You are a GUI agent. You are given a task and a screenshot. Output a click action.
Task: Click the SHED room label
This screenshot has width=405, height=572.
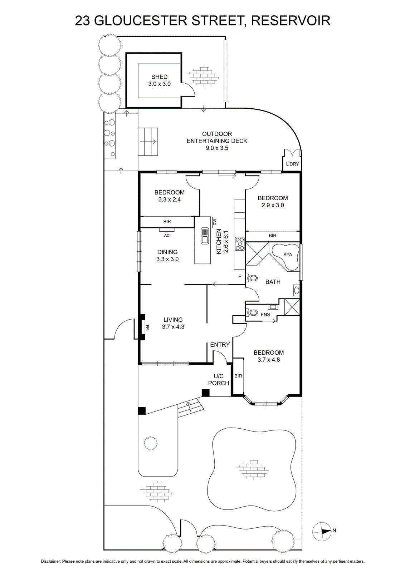click(x=159, y=77)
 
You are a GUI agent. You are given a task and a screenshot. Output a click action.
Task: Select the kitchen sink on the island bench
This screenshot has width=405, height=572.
click(x=205, y=236)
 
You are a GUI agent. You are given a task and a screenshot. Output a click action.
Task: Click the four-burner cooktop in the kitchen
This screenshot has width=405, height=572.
click(x=240, y=243)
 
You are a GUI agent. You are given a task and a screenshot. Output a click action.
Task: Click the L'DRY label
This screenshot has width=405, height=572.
click(x=292, y=164)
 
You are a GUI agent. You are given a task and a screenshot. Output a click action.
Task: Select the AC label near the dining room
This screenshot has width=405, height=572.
click(x=167, y=236)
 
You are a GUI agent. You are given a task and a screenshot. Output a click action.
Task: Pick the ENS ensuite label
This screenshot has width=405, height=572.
click(x=265, y=315)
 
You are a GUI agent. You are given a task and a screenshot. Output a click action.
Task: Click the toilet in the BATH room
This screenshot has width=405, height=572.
click(x=253, y=277)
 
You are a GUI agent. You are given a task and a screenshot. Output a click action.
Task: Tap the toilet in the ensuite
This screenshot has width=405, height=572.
click(x=252, y=312)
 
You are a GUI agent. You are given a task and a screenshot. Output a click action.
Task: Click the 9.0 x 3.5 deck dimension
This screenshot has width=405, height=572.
click(x=217, y=148)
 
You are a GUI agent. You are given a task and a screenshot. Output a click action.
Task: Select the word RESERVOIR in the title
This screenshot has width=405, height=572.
click(x=291, y=21)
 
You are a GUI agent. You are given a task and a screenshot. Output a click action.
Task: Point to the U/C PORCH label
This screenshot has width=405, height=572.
click(x=219, y=379)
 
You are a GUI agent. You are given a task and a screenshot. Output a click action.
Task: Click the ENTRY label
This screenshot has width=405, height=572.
click(x=220, y=345)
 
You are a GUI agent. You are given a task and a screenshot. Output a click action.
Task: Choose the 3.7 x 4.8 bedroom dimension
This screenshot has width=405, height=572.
click(x=269, y=360)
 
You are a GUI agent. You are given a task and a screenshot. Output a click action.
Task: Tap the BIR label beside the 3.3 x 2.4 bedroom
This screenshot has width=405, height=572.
click(x=167, y=222)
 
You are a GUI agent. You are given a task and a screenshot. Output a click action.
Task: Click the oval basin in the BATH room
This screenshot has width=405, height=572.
click(x=297, y=290)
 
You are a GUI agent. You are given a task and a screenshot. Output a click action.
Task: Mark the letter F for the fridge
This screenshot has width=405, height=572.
click(x=240, y=276)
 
